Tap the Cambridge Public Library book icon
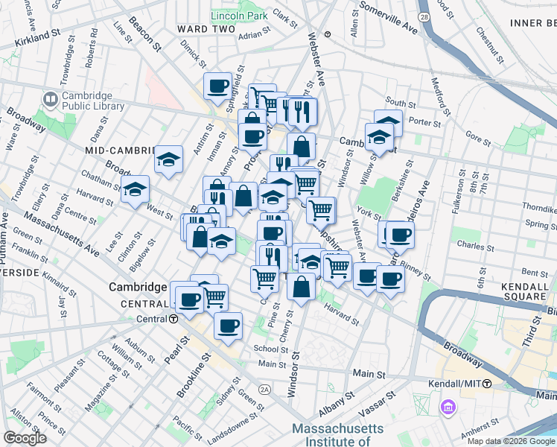(50, 98)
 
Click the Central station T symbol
(173, 319)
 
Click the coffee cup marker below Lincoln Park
(218, 86)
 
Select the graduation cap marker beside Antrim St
(169, 159)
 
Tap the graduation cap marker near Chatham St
(136, 190)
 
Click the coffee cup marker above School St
(228, 325)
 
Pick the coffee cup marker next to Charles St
(400, 235)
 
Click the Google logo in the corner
(25, 438)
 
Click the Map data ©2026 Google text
(511, 441)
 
